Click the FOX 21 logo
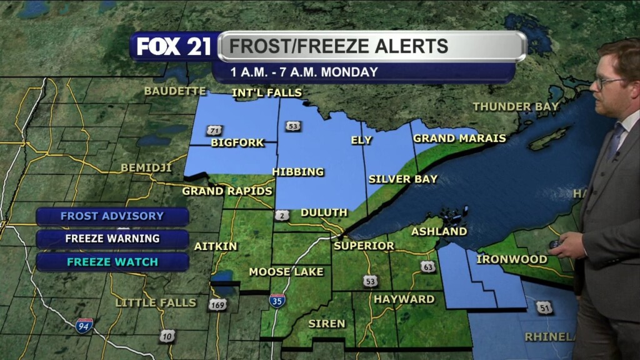click(x=174, y=47)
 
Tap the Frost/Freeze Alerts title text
click(x=338, y=46)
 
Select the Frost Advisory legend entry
click(x=112, y=216)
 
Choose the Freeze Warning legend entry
click(x=112, y=239)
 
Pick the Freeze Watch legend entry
click(x=112, y=261)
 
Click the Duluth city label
click(x=324, y=213)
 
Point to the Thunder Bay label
click(x=516, y=107)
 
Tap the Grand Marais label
click(x=459, y=139)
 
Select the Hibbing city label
click(x=298, y=172)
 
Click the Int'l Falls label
click(x=267, y=93)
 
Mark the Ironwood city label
click(x=512, y=259)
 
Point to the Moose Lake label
click(x=286, y=272)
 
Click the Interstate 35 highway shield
click(x=277, y=301)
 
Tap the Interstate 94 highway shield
click(x=84, y=325)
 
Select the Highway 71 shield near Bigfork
click(x=216, y=130)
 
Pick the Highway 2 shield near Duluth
click(x=281, y=215)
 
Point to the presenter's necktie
click(x=615, y=141)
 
